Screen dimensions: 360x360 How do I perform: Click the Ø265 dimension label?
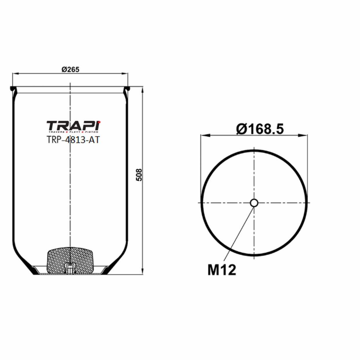(x=70, y=69)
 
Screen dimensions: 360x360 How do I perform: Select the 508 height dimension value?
(x=139, y=175)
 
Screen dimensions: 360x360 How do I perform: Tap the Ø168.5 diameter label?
(x=260, y=129)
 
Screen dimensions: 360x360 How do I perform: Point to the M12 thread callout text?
(x=222, y=270)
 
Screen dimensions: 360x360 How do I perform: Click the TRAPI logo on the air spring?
(x=73, y=126)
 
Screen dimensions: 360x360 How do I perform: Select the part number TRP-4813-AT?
(x=73, y=140)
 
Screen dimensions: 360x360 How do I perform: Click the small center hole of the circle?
(x=254, y=203)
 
